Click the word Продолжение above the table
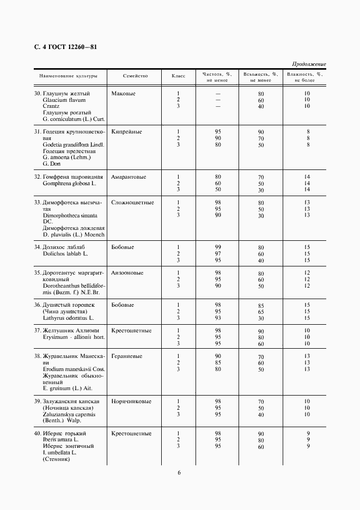tap(309, 64)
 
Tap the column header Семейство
tap(136, 76)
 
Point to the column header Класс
tap(179, 76)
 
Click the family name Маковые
tap(123, 94)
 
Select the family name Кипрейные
tap(126, 132)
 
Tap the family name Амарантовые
tap(129, 177)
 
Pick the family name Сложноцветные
tap(132, 203)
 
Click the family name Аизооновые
tap(127, 273)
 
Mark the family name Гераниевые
tap(127, 356)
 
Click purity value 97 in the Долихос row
tap(218, 254)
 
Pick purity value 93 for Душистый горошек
tap(218, 318)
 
